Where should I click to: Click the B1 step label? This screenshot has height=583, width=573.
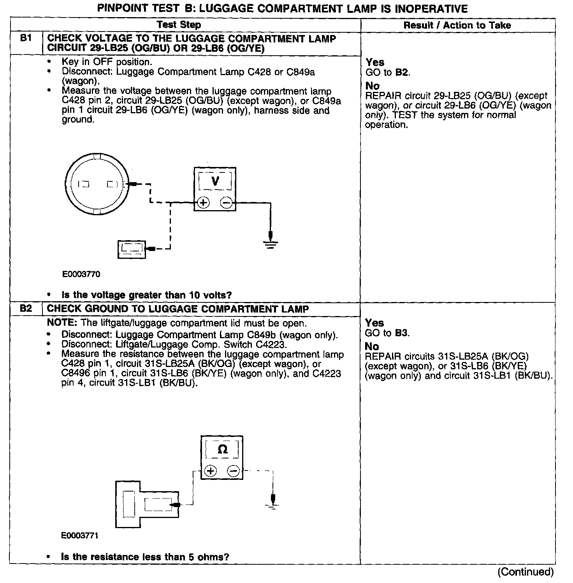tap(26, 39)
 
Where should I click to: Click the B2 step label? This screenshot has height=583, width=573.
tap(26, 309)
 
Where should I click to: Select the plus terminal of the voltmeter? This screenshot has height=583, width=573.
tap(204, 202)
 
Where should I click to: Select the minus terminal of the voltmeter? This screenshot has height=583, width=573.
tap(227, 202)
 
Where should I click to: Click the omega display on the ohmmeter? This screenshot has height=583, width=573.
tap(222, 450)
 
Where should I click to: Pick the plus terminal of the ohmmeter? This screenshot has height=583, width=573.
tap(210, 471)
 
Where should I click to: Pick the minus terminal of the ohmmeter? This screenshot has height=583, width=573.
tap(233, 471)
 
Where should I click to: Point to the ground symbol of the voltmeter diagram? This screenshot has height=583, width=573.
tap(271, 244)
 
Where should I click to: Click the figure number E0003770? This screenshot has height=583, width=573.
tap(81, 274)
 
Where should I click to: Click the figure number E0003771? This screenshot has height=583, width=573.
tap(80, 536)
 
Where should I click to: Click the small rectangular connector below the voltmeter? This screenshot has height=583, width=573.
tap(132, 249)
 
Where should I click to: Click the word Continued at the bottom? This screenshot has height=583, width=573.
tap(525, 572)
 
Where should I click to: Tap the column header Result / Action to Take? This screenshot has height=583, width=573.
tap(457, 25)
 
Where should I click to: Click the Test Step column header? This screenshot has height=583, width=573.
tap(179, 25)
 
